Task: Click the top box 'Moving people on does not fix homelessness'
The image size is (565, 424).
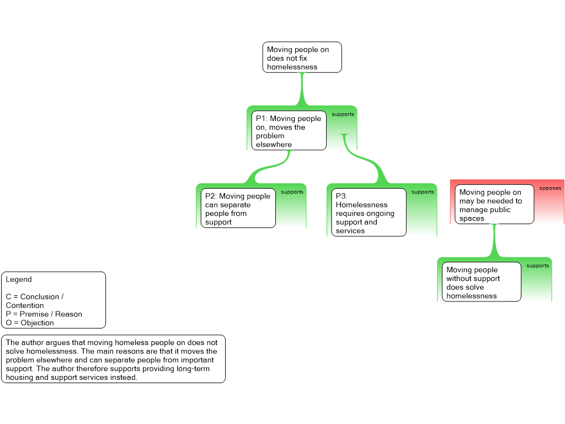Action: (x=302, y=57)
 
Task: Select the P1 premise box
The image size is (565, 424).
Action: (x=289, y=130)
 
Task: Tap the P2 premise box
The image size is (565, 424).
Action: (x=238, y=208)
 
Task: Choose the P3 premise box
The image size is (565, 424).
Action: (x=369, y=213)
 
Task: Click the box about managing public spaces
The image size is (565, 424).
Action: (x=494, y=204)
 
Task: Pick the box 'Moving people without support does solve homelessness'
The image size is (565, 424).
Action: (x=481, y=282)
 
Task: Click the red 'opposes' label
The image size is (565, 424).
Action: (x=550, y=188)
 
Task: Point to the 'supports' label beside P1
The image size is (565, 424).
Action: (x=343, y=114)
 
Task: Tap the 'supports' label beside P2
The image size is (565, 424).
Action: (x=292, y=192)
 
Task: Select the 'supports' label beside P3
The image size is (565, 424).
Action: (x=423, y=192)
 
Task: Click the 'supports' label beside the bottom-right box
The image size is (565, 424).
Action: (x=537, y=266)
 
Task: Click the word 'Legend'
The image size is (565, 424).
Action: (x=19, y=279)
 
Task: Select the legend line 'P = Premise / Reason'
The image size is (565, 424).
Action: (x=44, y=314)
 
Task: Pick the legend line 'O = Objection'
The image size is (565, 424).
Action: (x=30, y=322)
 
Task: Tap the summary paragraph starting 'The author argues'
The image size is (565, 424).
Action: (x=113, y=359)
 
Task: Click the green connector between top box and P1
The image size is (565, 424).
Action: (x=302, y=89)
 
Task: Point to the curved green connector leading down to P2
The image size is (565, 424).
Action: (x=269, y=168)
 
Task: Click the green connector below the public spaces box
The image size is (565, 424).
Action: (x=494, y=241)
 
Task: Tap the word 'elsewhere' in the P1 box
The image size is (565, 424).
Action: (x=274, y=145)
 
